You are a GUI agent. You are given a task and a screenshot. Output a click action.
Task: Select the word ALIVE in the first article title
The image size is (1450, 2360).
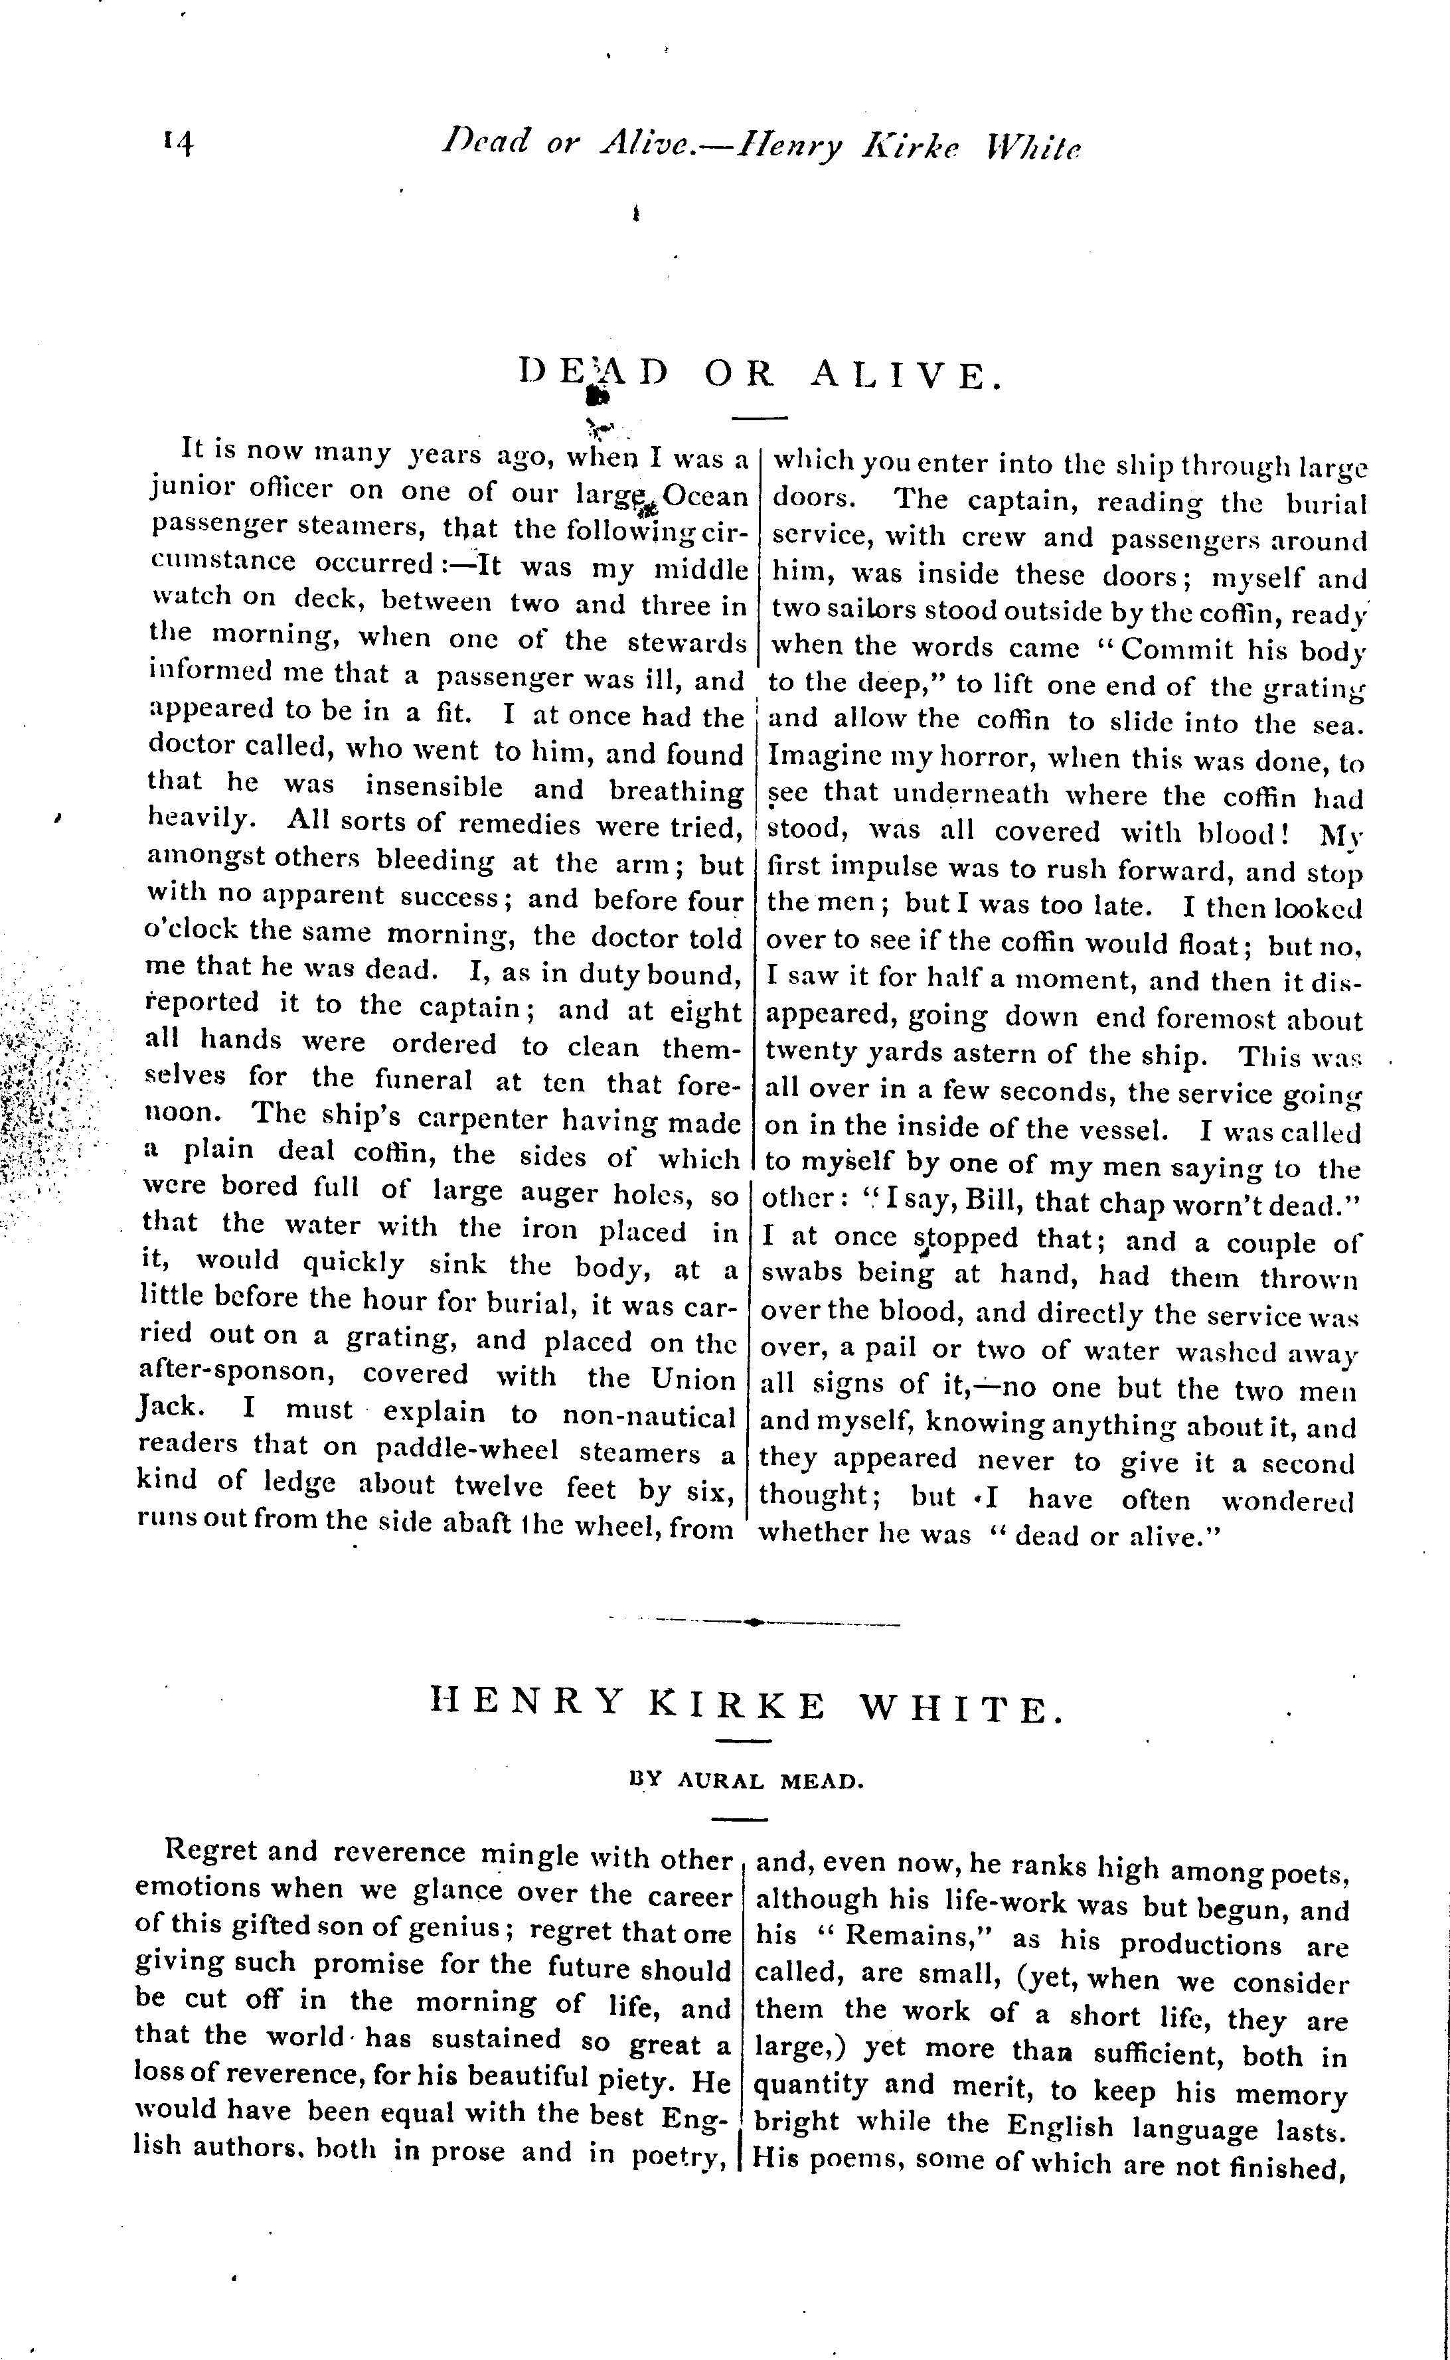pyautogui.click(x=906, y=373)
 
